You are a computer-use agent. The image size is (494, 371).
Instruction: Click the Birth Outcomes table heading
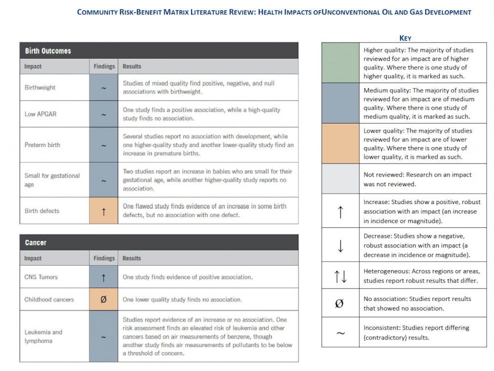(48, 51)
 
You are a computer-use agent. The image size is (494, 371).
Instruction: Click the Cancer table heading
(36, 243)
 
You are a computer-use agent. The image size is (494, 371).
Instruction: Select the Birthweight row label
(40, 87)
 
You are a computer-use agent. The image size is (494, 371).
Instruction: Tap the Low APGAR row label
(41, 115)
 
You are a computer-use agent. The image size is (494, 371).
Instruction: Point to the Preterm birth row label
(42, 145)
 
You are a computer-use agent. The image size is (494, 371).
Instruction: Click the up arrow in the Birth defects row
(104, 211)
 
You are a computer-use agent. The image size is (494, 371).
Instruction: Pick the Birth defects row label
(42, 211)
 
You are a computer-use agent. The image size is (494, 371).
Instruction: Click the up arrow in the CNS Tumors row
(104, 277)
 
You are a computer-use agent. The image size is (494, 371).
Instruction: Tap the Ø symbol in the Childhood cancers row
(104, 299)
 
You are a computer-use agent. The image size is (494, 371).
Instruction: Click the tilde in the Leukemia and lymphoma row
(104, 337)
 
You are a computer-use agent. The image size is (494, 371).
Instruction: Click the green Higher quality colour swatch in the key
(340, 63)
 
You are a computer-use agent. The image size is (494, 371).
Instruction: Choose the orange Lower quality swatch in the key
(340, 144)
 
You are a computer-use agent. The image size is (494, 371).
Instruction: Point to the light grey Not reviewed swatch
(340, 179)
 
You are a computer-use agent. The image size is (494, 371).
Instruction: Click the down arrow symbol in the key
(340, 245)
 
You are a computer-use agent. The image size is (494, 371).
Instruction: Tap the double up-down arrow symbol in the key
(340, 277)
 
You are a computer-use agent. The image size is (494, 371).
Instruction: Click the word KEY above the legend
(405, 38)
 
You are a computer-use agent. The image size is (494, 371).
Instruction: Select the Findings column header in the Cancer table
(104, 258)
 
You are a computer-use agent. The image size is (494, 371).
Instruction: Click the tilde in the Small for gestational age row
(104, 180)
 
